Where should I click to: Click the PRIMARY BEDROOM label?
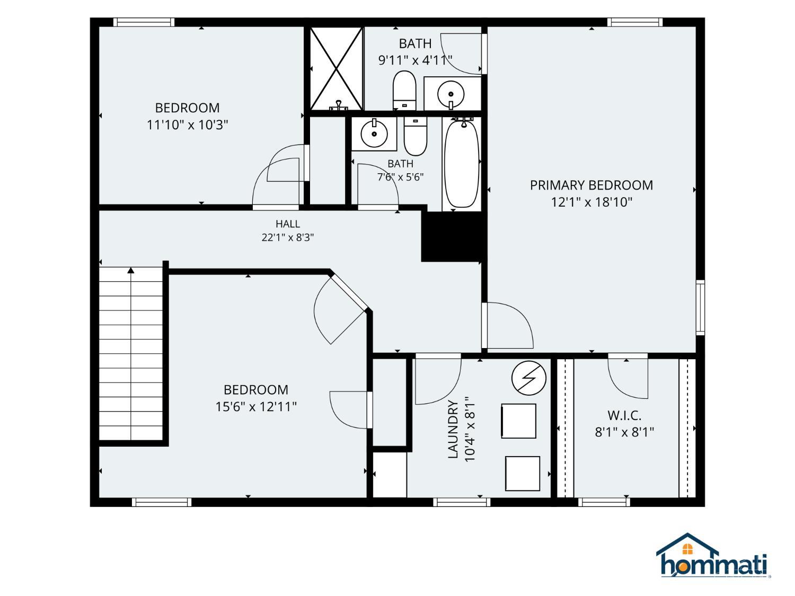point(591,185)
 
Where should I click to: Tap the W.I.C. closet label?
point(624,415)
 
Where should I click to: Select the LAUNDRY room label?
point(453,429)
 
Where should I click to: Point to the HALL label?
point(288,224)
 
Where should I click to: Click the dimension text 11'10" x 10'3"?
point(187,125)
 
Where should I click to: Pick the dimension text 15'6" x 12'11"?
point(256,407)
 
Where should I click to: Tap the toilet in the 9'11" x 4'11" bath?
point(404,91)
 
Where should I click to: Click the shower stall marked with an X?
point(337,69)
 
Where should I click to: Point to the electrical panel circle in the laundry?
point(529,378)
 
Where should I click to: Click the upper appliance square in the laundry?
point(519,421)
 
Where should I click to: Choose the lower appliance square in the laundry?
point(523,474)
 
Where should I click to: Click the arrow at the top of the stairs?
point(131,270)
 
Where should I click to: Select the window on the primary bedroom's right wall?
point(701,308)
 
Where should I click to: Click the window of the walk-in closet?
point(604,502)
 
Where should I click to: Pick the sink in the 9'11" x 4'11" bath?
point(451,94)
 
